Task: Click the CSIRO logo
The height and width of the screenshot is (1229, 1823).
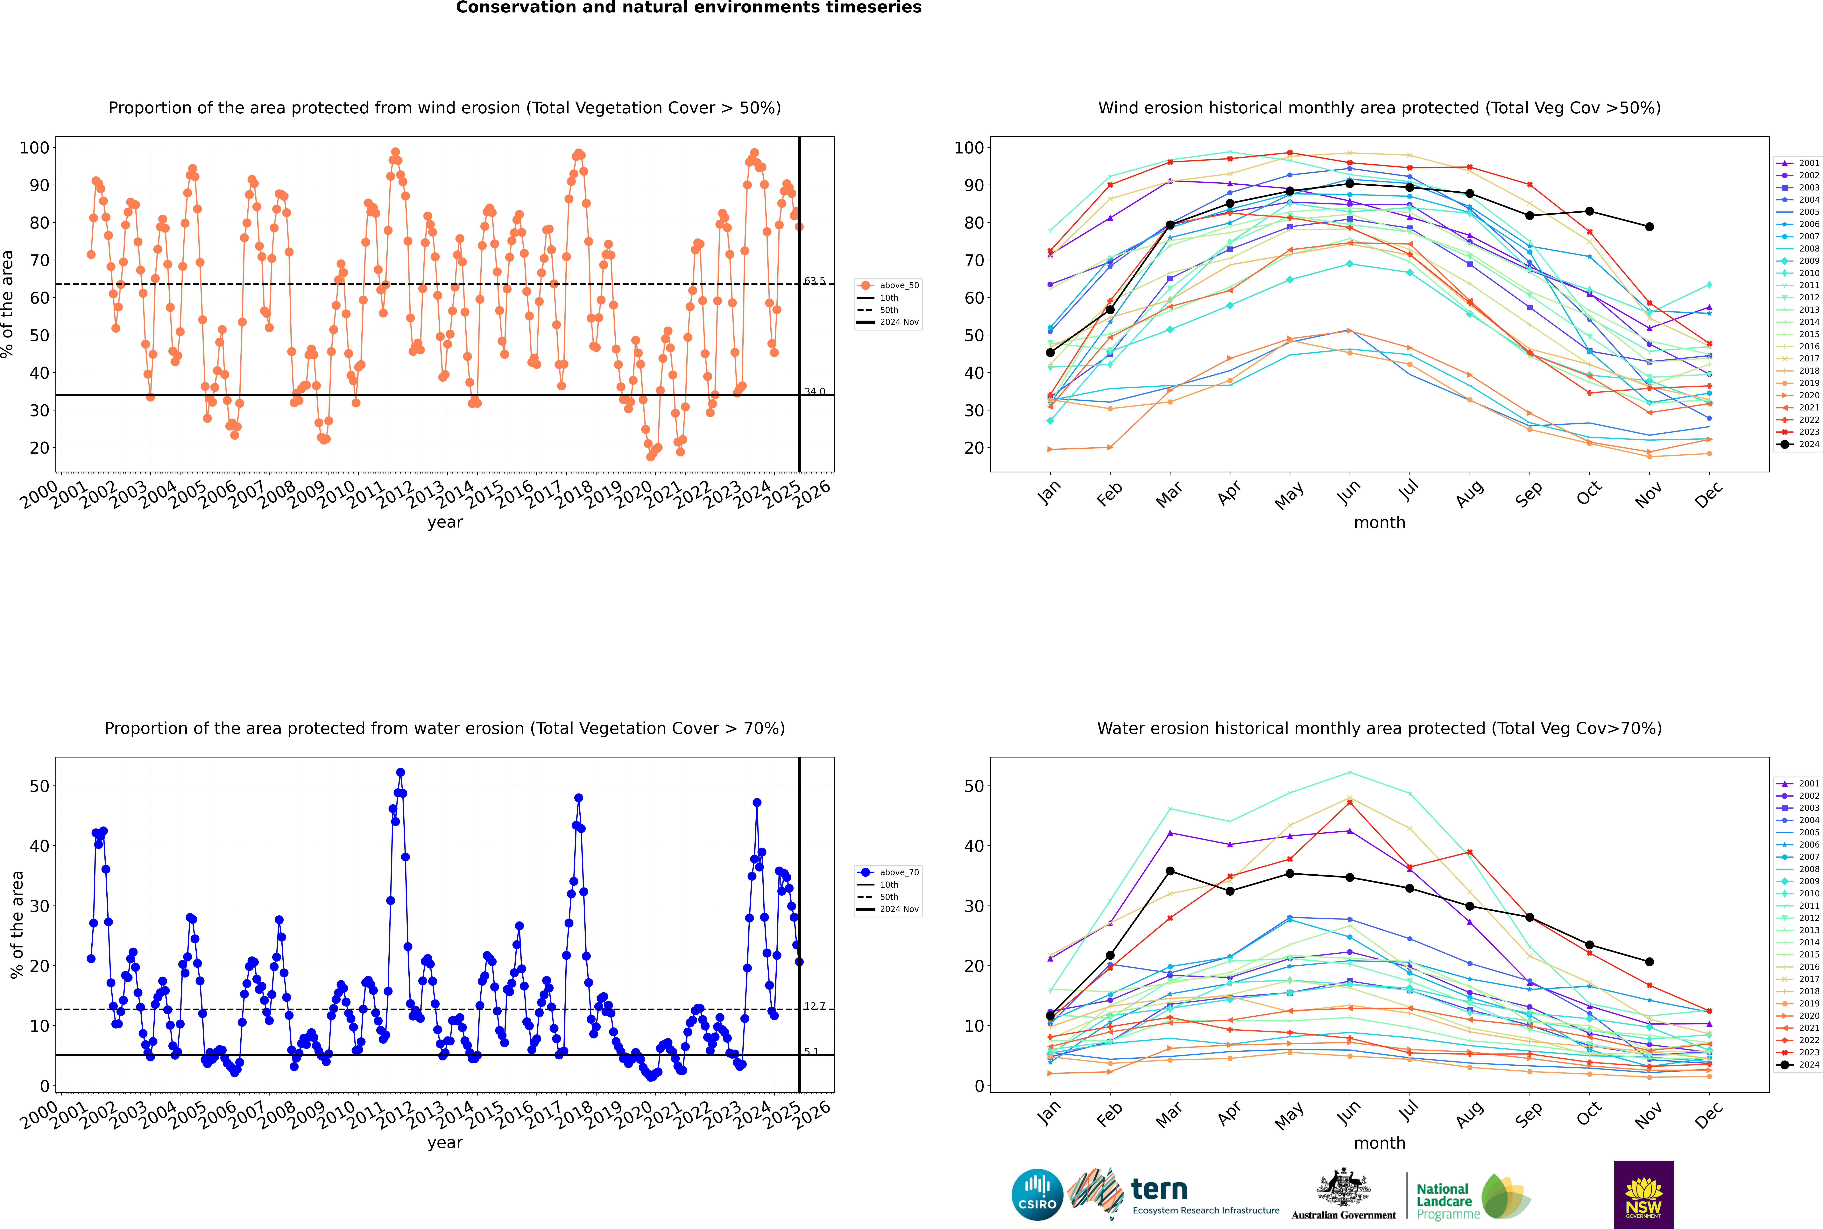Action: (x=1037, y=1195)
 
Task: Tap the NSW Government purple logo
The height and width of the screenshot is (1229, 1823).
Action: (x=1643, y=1195)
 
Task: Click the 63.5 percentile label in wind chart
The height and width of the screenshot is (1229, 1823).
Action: (x=814, y=281)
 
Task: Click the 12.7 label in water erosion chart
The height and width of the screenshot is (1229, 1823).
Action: (x=814, y=1006)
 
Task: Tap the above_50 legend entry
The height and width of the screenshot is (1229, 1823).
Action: (x=888, y=285)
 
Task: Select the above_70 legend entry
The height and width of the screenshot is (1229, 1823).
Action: (x=888, y=872)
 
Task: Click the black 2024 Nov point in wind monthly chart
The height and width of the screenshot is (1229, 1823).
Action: (x=1649, y=226)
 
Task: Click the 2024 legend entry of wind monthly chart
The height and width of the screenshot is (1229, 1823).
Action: (x=1798, y=444)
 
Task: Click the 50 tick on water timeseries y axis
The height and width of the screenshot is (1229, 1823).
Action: (x=39, y=786)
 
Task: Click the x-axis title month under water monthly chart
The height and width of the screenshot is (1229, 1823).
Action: (x=1379, y=1143)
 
